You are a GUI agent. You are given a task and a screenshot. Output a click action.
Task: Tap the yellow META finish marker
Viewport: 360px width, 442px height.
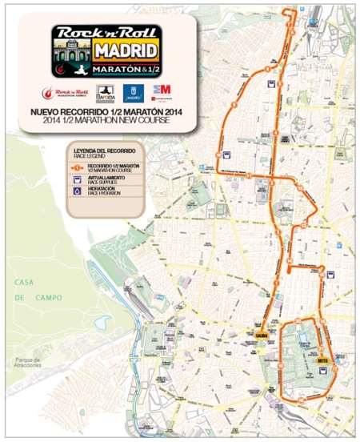(x=323, y=360)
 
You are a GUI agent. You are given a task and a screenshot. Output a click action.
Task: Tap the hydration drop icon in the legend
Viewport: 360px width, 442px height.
(x=77, y=192)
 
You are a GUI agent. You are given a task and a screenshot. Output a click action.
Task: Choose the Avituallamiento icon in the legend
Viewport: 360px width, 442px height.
(x=77, y=180)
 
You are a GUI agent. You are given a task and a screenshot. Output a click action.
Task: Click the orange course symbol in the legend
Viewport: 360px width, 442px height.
(x=77, y=167)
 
